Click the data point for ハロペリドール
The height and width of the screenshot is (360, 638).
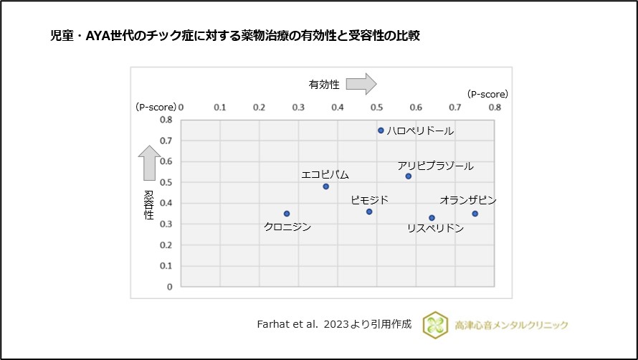tap(381, 131)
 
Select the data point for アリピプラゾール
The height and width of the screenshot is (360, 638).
tap(409, 176)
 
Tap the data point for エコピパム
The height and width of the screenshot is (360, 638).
tap(325, 186)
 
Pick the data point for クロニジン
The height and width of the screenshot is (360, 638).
tap(287, 214)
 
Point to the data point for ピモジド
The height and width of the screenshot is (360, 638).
tap(369, 212)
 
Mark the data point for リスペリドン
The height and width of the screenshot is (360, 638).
tap(432, 217)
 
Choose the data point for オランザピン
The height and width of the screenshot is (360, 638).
tap(475, 214)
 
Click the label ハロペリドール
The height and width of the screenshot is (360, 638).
tap(420, 131)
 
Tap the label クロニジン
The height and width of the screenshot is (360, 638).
tap(287, 227)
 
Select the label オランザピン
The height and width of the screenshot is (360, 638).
tap(467, 200)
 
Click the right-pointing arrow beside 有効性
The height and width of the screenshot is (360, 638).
tap(361, 84)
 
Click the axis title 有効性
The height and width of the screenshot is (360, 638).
tap(324, 85)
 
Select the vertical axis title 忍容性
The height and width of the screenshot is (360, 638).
tap(149, 204)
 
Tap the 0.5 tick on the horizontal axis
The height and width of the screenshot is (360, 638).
tap(377, 107)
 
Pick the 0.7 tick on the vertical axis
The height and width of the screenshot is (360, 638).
tap(166, 141)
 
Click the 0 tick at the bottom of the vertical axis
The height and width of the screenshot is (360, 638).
tap(169, 287)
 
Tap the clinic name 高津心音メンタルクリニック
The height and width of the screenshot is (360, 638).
tap(511, 325)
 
